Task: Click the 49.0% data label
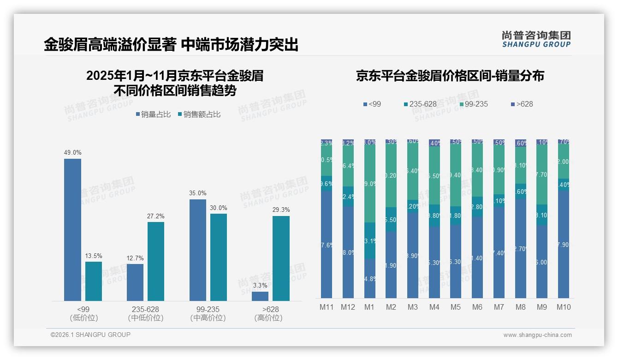(72, 153)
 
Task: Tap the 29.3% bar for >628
(281, 258)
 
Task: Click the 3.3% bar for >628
(260, 296)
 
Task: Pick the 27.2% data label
(156, 216)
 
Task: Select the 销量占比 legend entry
(155, 114)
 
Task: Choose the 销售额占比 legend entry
(199, 114)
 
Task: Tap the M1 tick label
(369, 307)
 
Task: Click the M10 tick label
(563, 307)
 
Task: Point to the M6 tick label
(477, 307)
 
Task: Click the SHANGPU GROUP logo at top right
(536, 40)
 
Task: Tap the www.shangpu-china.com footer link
(537, 335)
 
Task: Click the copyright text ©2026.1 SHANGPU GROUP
(90, 335)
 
